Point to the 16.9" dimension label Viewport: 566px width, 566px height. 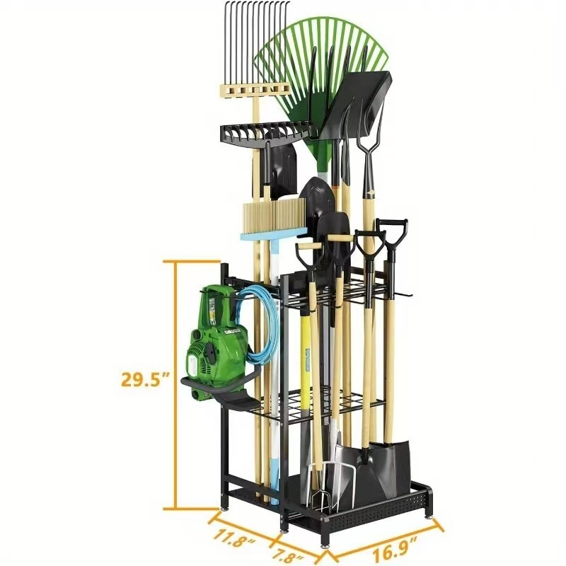pos(391,549)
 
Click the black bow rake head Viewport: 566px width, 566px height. pos(265,131)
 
